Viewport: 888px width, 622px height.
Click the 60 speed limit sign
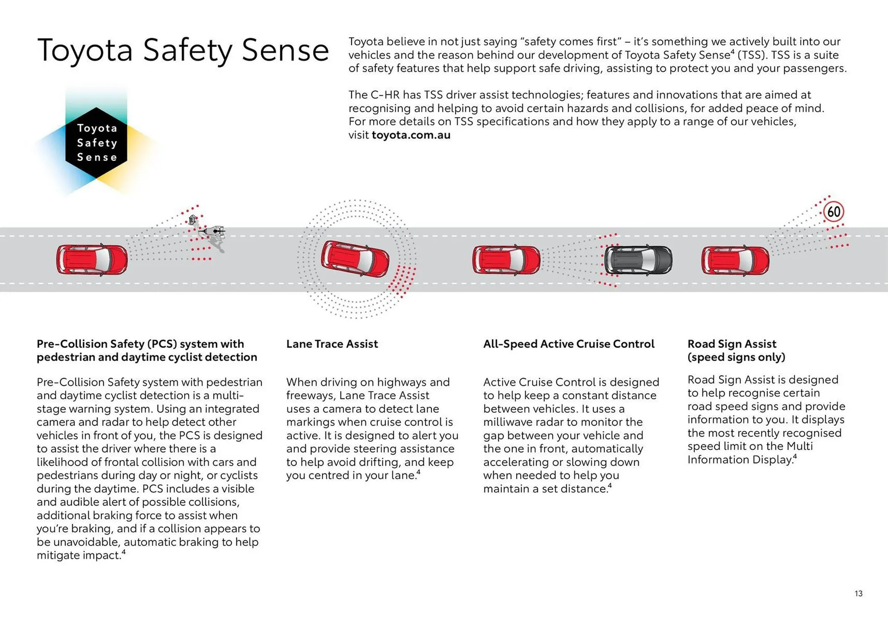pos(833,212)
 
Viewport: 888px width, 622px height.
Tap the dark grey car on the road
pos(638,260)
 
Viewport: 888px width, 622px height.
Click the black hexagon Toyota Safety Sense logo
pos(96,143)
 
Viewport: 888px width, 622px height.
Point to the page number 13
pos(858,593)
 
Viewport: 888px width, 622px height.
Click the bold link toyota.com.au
pos(411,135)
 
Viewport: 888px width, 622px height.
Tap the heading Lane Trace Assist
pos(332,344)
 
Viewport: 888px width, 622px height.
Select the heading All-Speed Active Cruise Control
pos(568,344)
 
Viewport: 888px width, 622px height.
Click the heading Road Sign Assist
pos(732,344)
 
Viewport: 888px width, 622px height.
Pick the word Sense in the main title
pos(285,50)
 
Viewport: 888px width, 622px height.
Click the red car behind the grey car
pos(506,260)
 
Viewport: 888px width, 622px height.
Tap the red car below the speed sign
pos(735,261)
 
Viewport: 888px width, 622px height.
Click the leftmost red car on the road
pos(92,260)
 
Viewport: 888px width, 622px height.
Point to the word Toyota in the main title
pos(85,50)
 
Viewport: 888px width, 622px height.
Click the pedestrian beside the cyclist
pos(192,220)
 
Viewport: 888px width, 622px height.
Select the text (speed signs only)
pos(736,357)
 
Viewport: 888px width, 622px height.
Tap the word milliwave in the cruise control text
pos(511,422)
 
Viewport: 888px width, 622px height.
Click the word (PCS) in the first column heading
pos(162,344)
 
